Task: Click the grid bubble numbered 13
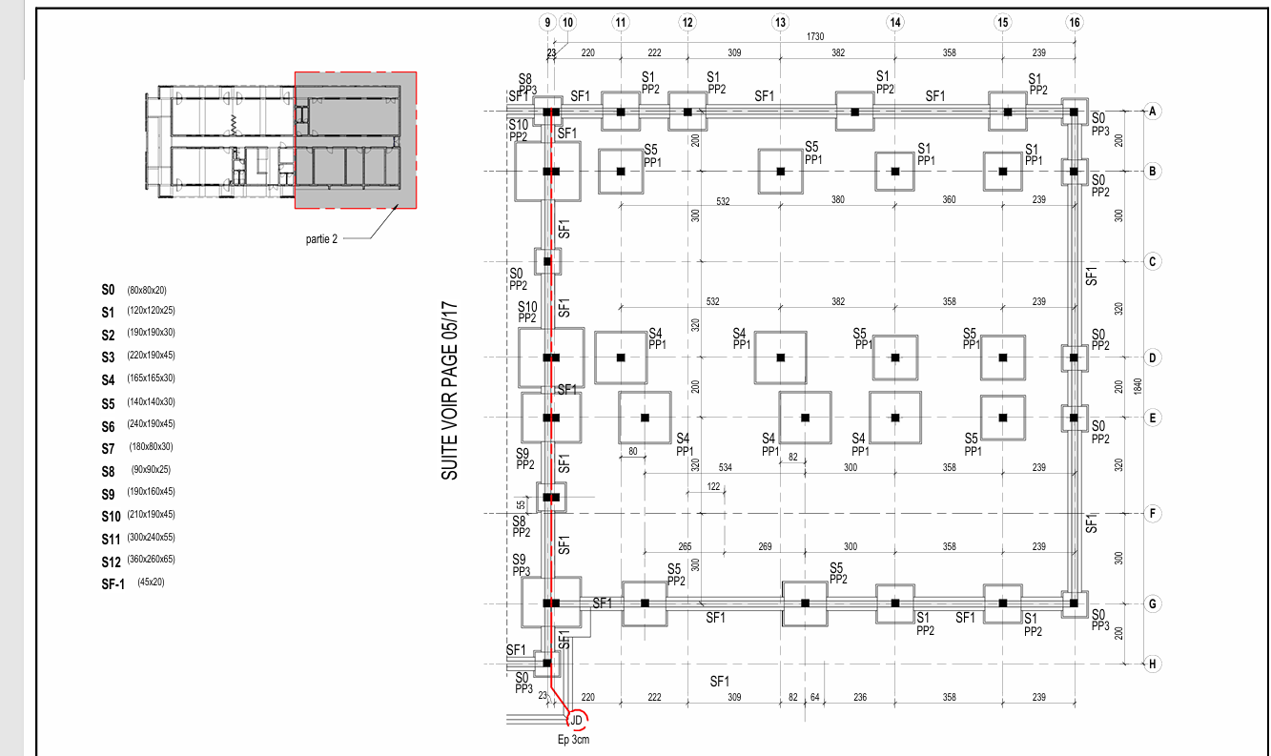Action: coord(780,23)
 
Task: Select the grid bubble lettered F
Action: coord(1153,514)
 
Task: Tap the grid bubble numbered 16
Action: coord(1075,23)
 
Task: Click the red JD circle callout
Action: coord(577,721)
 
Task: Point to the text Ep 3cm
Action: coord(573,740)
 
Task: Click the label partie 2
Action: coord(321,238)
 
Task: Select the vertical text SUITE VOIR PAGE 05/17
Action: coord(449,390)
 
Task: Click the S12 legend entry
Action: coord(112,562)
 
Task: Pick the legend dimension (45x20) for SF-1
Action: coord(151,582)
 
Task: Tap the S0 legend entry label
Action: coord(108,290)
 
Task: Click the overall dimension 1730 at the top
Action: coord(815,36)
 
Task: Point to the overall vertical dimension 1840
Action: coord(1138,387)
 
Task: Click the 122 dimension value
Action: coord(713,486)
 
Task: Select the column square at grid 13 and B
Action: coord(781,172)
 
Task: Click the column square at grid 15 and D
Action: coord(1003,358)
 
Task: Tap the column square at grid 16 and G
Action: coord(1074,603)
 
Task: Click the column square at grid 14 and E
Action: coord(895,418)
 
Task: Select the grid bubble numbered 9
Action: coord(547,23)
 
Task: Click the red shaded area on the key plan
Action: coord(356,140)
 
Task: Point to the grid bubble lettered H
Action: coord(1153,664)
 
